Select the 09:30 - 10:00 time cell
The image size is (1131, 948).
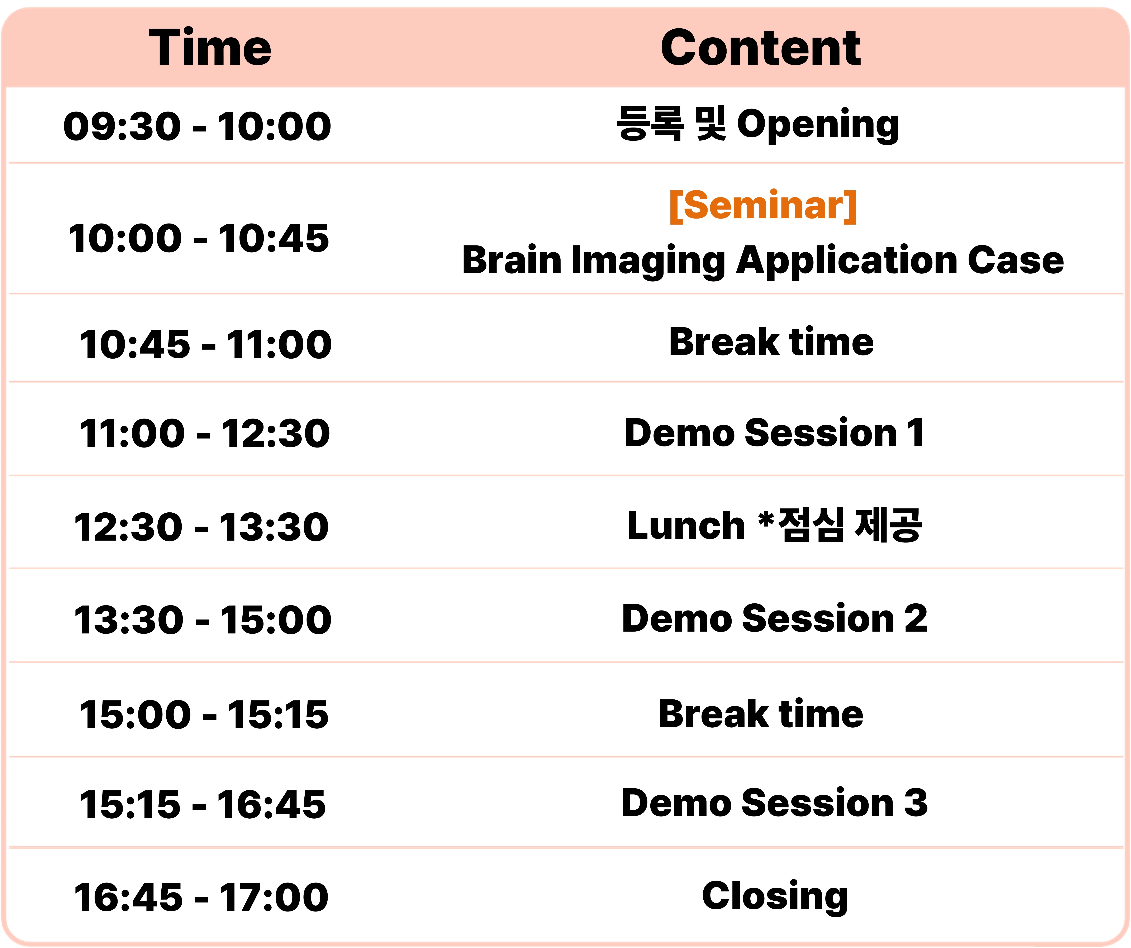click(197, 126)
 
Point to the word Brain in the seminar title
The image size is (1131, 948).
click(512, 260)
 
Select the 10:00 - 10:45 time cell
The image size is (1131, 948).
click(198, 239)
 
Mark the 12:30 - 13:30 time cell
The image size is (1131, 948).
click(201, 527)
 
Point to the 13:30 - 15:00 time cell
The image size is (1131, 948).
click(203, 620)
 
